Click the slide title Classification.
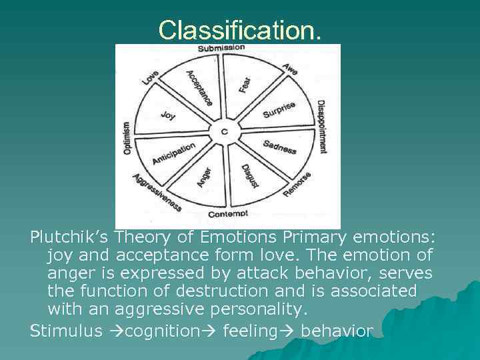point(240,29)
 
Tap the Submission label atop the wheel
point(221,48)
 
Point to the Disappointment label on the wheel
point(321,127)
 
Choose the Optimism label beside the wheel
point(127,139)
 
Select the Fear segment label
point(245,83)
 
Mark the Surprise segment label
point(279,110)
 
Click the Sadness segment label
point(279,147)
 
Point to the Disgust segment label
point(250,175)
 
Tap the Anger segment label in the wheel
point(203,176)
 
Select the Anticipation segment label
point(173,153)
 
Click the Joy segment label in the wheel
point(169,115)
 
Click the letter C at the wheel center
point(224,131)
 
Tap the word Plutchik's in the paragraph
point(70,237)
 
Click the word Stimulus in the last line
point(65,330)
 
